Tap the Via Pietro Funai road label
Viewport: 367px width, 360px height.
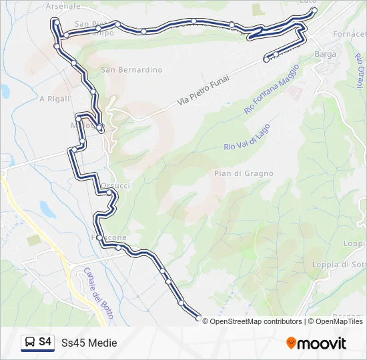click(x=204, y=91)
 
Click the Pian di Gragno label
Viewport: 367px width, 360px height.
click(x=244, y=173)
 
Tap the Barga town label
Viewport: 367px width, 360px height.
click(x=325, y=53)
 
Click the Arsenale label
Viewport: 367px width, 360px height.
click(x=63, y=6)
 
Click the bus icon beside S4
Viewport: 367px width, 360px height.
click(x=30, y=342)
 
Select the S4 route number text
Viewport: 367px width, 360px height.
click(x=45, y=342)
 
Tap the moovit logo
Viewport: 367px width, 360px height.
click(x=316, y=343)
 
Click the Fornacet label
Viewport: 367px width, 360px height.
click(x=350, y=34)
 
